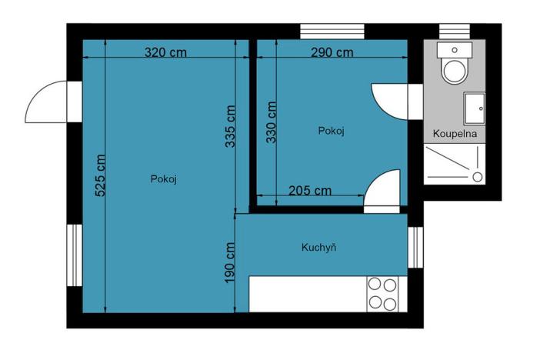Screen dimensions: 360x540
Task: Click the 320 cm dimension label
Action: [x=166, y=53]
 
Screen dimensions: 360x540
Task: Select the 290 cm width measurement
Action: [x=332, y=53]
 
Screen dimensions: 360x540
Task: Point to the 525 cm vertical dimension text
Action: [x=101, y=176]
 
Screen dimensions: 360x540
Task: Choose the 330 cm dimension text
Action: [x=271, y=122]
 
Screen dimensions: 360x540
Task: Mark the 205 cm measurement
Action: [x=310, y=190]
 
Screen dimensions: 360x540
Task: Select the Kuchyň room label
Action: [x=319, y=248]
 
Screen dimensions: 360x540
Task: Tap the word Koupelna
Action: [x=455, y=133]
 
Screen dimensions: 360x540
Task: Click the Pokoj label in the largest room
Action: [x=164, y=178]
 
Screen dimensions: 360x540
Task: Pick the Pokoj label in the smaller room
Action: [x=331, y=131]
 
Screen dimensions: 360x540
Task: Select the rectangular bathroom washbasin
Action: [x=474, y=107]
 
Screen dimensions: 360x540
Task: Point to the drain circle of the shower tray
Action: [x=477, y=177]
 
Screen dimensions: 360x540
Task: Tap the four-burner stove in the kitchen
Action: [x=382, y=293]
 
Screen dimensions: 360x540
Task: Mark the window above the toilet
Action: [x=454, y=30]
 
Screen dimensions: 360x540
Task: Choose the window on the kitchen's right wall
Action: [x=413, y=248]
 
